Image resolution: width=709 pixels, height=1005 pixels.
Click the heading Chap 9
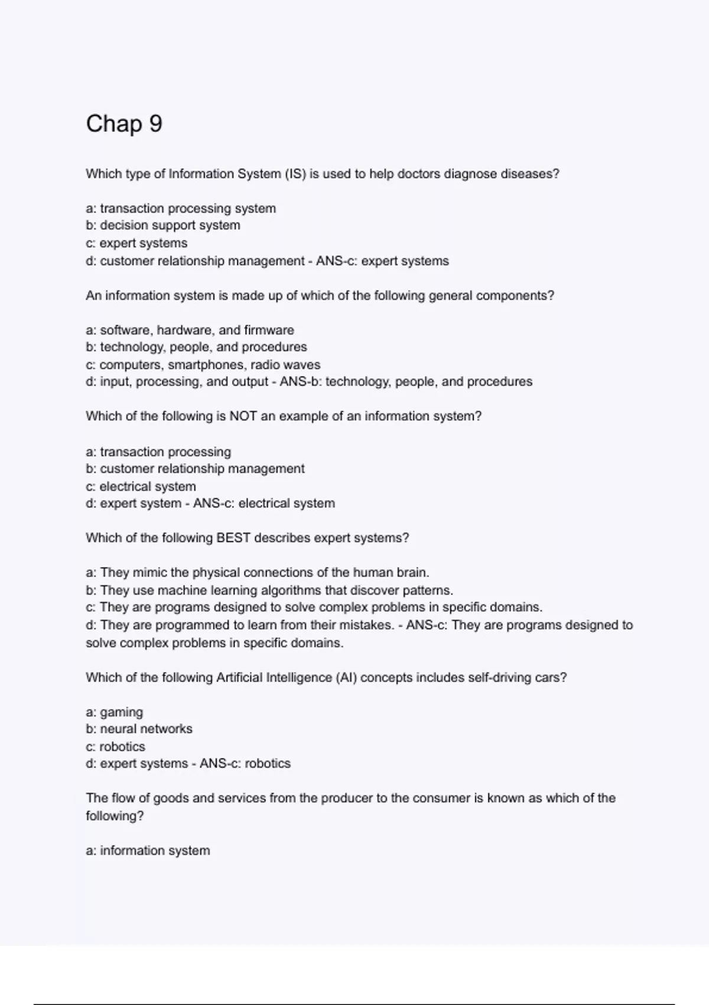tap(124, 124)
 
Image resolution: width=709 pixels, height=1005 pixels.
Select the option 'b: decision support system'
tap(163, 225)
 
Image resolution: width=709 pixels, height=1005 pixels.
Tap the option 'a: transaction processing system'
tap(181, 208)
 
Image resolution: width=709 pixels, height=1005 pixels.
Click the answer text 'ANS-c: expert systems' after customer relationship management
tap(382, 261)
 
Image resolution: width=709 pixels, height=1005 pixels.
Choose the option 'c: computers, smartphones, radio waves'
tap(203, 365)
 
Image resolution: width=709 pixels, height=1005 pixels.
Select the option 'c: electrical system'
tap(141, 487)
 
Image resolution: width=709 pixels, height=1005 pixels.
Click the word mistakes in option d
tap(367, 625)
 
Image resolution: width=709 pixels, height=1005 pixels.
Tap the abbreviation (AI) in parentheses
tap(346, 677)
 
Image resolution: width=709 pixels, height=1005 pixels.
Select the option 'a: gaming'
tap(115, 712)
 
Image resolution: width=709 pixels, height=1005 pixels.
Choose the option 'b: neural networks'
tap(139, 729)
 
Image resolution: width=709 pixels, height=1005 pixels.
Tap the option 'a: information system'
tap(148, 851)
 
